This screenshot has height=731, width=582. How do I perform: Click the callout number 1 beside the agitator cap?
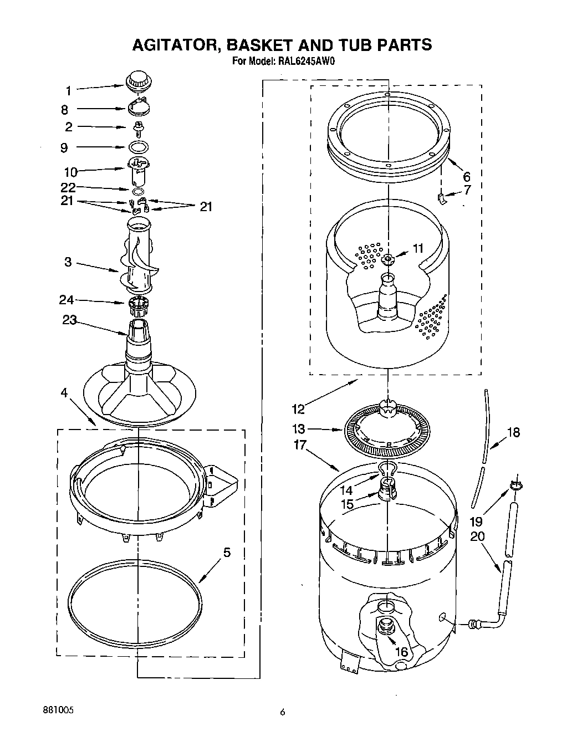coord(68,91)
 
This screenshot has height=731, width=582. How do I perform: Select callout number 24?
coord(67,300)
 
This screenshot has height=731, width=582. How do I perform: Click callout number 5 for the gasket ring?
coord(226,553)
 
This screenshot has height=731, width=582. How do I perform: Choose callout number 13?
coord(298,428)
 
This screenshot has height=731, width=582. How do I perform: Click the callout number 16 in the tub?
coord(401,652)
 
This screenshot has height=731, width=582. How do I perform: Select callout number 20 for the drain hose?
coord(477,536)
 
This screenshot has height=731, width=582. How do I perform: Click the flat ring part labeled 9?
coord(139,147)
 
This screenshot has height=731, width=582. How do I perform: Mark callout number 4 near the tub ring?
coord(64,393)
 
